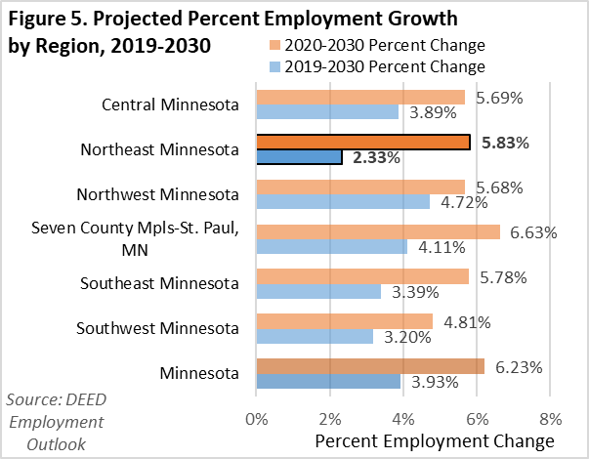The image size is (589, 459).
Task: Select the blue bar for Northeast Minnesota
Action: click(x=299, y=157)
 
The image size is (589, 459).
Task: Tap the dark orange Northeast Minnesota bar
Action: click(x=362, y=142)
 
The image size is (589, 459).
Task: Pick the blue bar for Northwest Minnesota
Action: click(x=343, y=202)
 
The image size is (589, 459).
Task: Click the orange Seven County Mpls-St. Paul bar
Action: click(x=377, y=231)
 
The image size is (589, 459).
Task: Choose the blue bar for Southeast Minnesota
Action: click(x=318, y=291)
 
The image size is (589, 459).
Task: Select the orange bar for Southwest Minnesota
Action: click(x=344, y=321)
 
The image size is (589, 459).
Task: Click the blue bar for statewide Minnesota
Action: click(x=328, y=381)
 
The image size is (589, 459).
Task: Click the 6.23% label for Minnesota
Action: click(x=517, y=366)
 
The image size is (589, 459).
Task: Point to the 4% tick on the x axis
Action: click(x=403, y=419)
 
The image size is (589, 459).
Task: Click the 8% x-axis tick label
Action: click(x=551, y=419)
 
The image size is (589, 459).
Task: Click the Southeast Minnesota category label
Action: click(x=160, y=284)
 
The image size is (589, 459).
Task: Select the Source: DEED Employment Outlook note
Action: click(x=55, y=421)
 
